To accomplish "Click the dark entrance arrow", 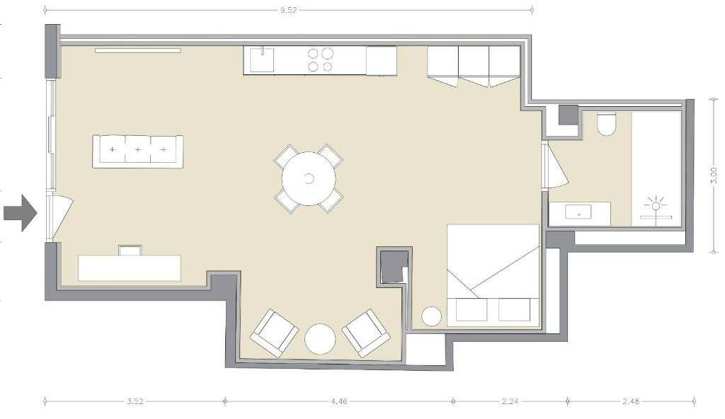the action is point(20,213).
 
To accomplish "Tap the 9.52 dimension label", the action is point(288,10).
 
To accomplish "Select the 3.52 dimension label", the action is point(135,401).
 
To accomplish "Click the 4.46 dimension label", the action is point(339,401).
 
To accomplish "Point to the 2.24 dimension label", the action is point(510,401).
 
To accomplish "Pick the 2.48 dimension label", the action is point(631,401).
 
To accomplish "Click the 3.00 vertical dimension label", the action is point(714,176).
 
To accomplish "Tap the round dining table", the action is point(309,178).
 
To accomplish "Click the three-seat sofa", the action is point(138,151).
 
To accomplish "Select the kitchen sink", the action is point(262,59).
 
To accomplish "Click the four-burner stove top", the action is point(320,59).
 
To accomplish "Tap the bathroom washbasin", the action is point(578,213).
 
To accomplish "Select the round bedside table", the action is point(431,316).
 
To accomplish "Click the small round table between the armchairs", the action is point(319,339).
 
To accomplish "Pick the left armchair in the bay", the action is point(274,333).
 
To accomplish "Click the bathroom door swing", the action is point(555,166).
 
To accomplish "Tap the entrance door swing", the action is point(60,217).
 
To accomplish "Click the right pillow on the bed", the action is point(514,310).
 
